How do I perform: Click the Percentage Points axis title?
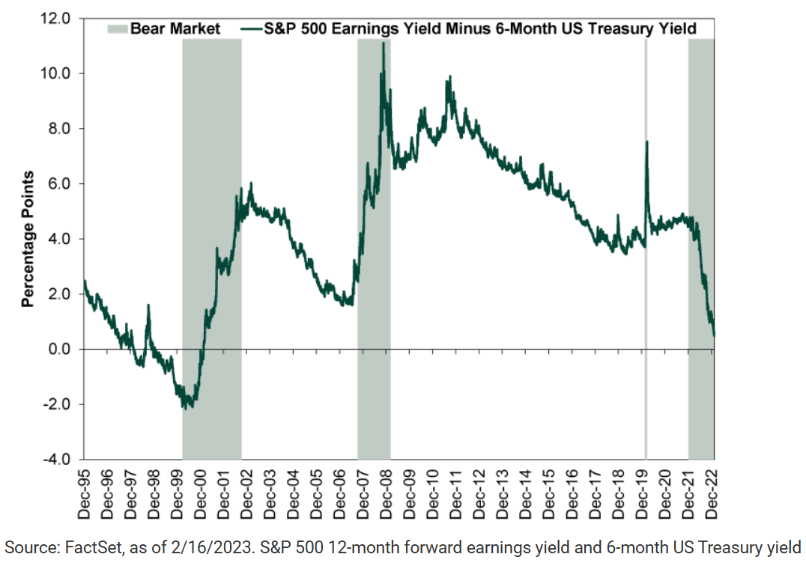[x=28, y=239]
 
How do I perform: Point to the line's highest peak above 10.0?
[x=384, y=43]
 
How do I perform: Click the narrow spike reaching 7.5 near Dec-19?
[x=646, y=142]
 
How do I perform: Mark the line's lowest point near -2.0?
[x=187, y=407]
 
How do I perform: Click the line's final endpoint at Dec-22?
[x=714, y=335]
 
